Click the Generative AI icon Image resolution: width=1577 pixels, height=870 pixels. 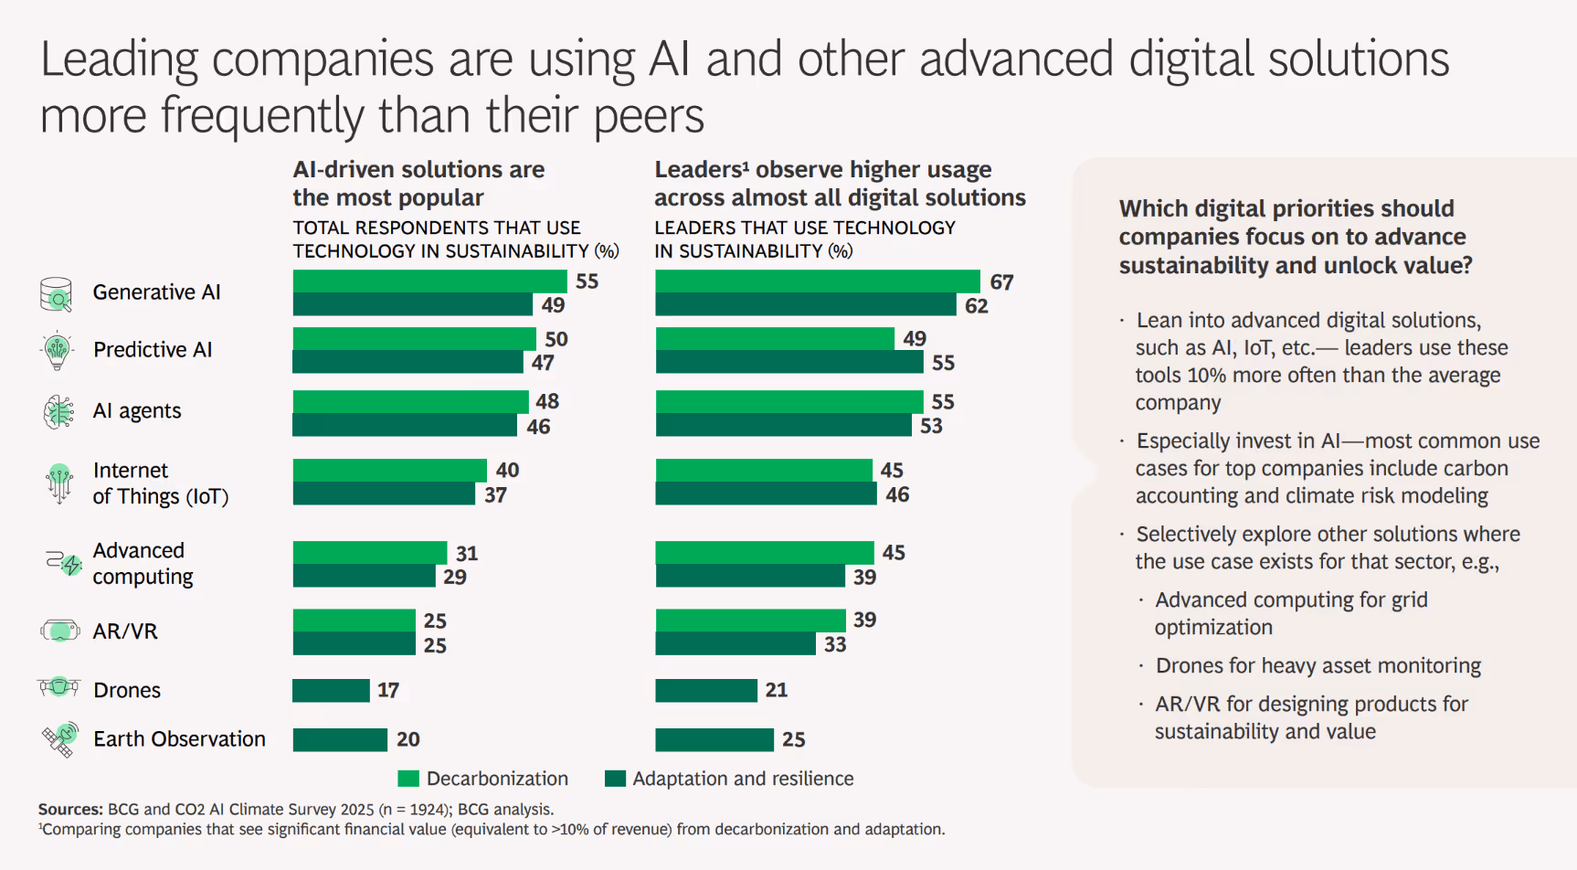(x=57, y=294)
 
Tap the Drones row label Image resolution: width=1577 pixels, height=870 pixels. (x=127, y=690)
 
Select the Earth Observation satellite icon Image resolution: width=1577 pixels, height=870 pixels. (x=59, y=739)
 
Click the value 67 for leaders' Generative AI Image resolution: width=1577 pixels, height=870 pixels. (x=1001, y=282)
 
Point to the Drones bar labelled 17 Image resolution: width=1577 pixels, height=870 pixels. (x=331, y=690)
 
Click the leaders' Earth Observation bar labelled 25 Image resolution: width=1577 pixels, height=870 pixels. (x=714, y=739)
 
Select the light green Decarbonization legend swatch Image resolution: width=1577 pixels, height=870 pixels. (x=408, y=779)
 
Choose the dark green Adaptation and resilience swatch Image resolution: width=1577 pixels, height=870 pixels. (x=615, y=779)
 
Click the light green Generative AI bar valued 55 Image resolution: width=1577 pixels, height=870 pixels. (x=429, y=281)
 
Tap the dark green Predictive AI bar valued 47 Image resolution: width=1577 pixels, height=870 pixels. (x=407, y=362)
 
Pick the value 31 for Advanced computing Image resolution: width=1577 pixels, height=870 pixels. (x=467, y=553)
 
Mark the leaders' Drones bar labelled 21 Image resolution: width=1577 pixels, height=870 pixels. (x=705, y=690)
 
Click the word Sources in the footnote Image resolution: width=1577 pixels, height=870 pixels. (x=69, y=809)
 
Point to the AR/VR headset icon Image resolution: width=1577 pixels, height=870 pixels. (x=59, y=631)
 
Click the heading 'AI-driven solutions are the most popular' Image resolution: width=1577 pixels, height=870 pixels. (x=418, y=183)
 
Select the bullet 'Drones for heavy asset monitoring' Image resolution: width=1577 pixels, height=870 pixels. (x=1318, y=665)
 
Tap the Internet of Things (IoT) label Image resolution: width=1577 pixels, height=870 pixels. (x=160, y=483)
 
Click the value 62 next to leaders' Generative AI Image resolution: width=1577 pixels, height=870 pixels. (x=976, y=306)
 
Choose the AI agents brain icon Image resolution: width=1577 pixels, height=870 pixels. (x=58, y=411)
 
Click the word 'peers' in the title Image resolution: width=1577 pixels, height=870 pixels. (x=649, y=116)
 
